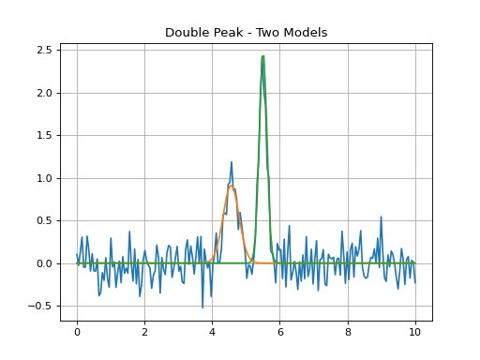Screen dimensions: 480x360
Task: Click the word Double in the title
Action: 184,33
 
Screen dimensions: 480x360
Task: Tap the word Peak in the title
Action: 223,33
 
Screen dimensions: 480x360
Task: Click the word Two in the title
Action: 268,33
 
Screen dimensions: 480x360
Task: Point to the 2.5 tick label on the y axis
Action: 44,50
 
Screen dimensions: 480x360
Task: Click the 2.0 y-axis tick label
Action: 44,93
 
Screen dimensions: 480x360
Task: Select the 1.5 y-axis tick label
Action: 44,135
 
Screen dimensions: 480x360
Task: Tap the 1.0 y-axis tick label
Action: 44,178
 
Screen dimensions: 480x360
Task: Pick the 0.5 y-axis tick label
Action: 44,220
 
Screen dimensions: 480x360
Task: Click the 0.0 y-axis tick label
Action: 44,263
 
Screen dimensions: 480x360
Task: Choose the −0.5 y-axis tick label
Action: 39,306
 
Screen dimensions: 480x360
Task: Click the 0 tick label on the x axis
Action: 77,332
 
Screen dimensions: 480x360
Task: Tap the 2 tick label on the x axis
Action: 144,332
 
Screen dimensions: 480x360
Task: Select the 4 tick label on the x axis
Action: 213,332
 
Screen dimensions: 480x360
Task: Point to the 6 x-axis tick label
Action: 280,332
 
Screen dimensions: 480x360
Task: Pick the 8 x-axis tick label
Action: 348,332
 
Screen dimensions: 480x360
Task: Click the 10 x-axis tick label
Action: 415,332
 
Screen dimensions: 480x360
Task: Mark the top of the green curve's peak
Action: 263,56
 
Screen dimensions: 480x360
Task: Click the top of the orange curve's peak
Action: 231,186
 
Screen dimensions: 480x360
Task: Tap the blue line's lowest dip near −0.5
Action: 202,307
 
